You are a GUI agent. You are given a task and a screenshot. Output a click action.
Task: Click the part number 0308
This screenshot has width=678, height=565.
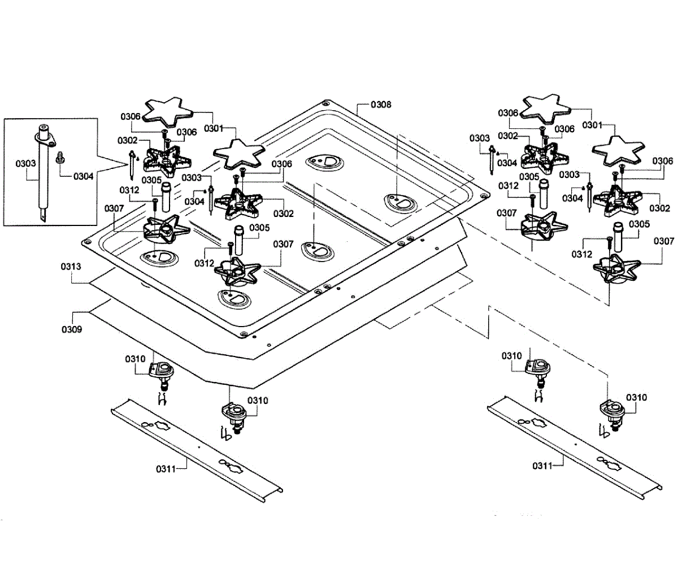pos(381,105)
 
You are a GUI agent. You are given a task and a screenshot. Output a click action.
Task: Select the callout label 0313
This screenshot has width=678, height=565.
pos(72,266)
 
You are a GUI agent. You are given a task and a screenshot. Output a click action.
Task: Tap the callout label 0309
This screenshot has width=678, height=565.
pos(72,328)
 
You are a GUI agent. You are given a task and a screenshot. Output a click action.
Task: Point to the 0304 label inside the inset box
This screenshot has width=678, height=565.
pos(84,176)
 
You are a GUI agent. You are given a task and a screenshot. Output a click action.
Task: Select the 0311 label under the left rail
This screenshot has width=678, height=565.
pos(166,468)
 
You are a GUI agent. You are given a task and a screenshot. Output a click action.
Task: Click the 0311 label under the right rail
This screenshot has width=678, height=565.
pos(542,466)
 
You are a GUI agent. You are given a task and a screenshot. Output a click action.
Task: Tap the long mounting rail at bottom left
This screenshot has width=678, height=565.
pos(195,446)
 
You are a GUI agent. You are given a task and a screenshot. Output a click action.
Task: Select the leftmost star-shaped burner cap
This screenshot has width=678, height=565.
pos(163,110)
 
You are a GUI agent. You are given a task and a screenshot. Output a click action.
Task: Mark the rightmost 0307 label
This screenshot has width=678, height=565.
pos(663,241)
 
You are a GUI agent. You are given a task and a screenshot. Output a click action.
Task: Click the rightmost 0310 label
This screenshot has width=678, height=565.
pos(637,397)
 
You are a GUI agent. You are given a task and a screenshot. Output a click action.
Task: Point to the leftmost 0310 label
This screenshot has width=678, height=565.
pos(135,358)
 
